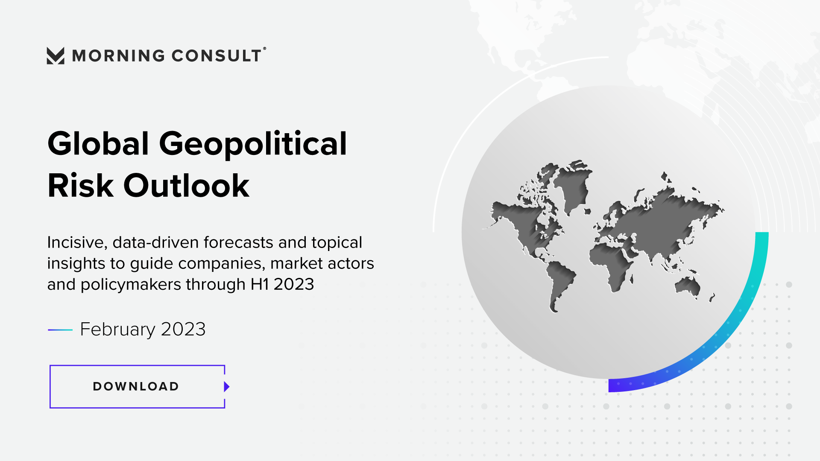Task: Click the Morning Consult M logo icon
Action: click(x=56, y=56)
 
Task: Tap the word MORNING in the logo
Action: click(x=119, y=56)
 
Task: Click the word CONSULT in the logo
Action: click(x=217, y=56)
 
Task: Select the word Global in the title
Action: click(x=98, y=143)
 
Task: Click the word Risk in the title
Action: click(x=81, y=186)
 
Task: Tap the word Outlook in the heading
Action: click(x=186, y=186)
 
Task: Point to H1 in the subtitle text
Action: click(x=260, y=284)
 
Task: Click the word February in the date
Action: click(x=117, y=330)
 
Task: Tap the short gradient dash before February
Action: click(x=60, y=330)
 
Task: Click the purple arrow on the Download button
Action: click(x=227, y=387)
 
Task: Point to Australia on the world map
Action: click(x=688, y=286)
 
